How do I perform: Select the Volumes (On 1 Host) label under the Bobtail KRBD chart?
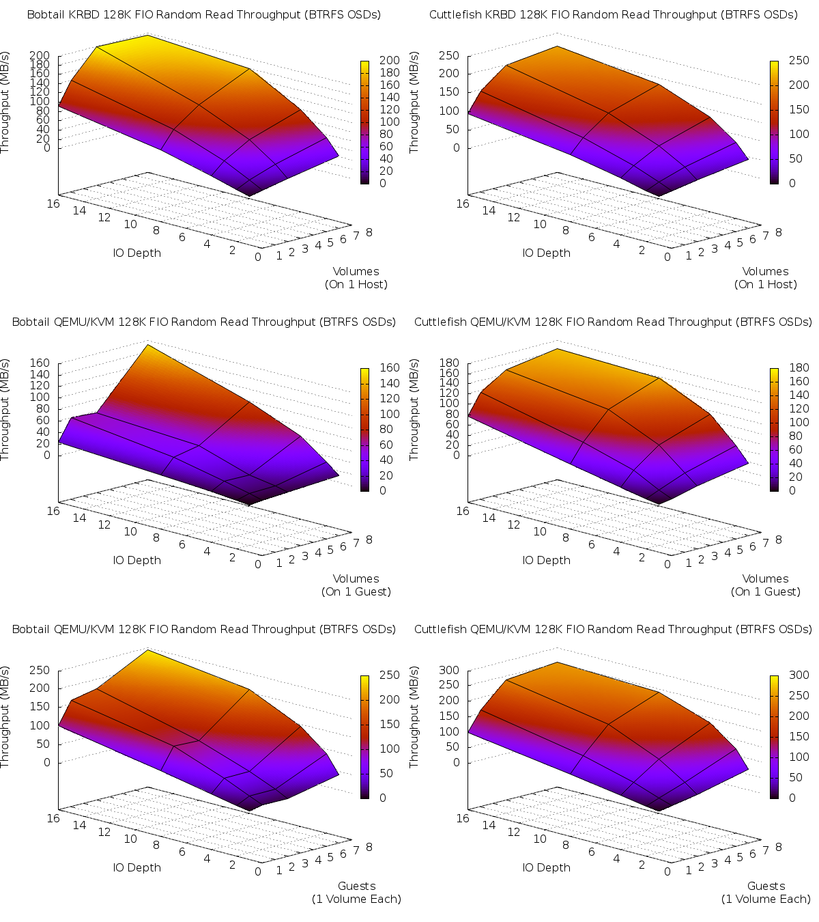click(356, 278)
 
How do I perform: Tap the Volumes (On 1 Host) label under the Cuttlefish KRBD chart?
click(765, 278)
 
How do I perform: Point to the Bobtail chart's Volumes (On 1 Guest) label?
click(356, 585)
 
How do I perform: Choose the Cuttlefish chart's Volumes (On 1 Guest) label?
click(765, 585)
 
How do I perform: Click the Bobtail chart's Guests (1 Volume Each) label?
click(356, 893)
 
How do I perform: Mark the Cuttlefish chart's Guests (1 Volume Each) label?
click(766, 893)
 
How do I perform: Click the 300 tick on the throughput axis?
click(448, 670)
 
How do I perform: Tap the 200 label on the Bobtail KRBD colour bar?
click(389, 61)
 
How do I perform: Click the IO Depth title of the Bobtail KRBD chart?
click(137, 253)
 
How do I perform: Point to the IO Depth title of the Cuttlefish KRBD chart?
click(547, 253)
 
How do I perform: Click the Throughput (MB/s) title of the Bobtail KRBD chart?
click(5, 102)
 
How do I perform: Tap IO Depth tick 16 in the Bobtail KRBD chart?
click(53, 204)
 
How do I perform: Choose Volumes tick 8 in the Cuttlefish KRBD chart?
click(779, 232)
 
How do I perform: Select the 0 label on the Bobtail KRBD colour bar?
click(383, 183)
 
